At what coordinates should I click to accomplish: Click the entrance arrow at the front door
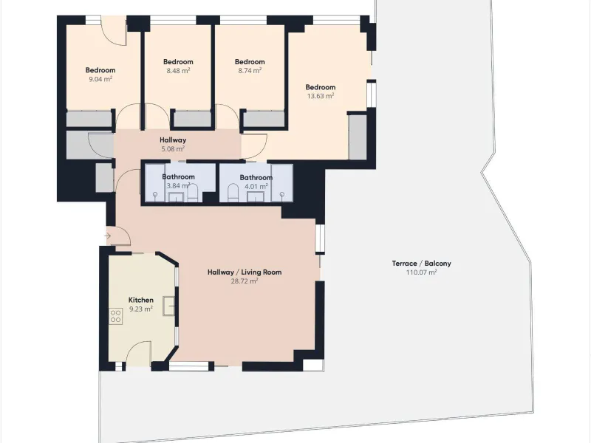pyautogui.click(x=107, y=236)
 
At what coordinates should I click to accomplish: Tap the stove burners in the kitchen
pyautogui.click(x=116, y=317)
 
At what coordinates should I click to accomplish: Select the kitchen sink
pyautogui.click(x=169, y=306)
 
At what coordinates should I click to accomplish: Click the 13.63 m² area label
pyautogui.click(x=321, y=96)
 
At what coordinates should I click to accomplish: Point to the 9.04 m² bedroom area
pyautogui.click(x=100, y=79)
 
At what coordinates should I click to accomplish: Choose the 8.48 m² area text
pyautogui.click(x=178, y=70)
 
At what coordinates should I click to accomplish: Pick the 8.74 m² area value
pyautogui.click(x=250, y=70)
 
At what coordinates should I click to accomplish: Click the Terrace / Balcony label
pyautogui.click(x=421, y=264)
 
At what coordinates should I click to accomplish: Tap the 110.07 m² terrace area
pyautogui.click(x=421, y=272)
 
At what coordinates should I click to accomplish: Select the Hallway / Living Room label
pyautogui.click(x=245, y=272)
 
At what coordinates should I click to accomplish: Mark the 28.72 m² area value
pyautogui.click(x=245, y=281)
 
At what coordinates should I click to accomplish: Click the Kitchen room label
pyautogui.click(x=141, y=300)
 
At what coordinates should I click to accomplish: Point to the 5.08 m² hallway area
pyautogui.click(x=173, y=149)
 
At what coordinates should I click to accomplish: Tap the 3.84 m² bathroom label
pyautogui.click(x=178, y=186)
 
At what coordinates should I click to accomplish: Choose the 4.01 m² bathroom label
pyautogui.click(x=256, y=187)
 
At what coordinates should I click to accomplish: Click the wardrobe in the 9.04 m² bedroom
pyautogui.click(x=89, y=119)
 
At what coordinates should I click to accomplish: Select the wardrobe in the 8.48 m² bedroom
pyautogui.click(x=192, y=119)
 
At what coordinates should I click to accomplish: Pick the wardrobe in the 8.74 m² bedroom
pyautogui.click(x=264, y=119)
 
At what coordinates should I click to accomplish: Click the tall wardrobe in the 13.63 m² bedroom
pyautogui.click(x=358, y=137)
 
